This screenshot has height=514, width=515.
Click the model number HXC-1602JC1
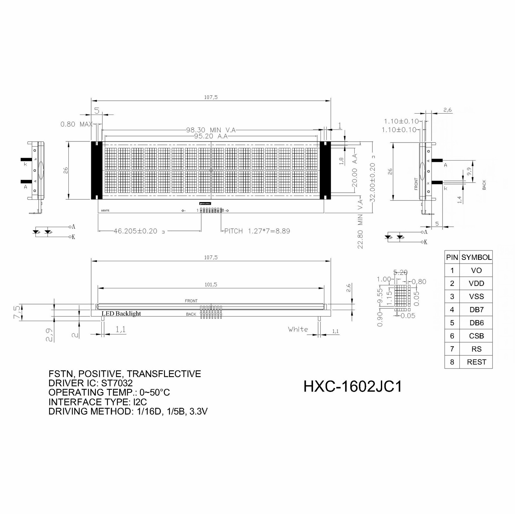pos(353,387)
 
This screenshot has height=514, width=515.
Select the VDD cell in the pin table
pos(476,283)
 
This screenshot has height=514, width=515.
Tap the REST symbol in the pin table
pos(476,362)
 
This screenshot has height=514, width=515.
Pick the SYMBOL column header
pos(476,257)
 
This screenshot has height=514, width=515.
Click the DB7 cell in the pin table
pos(476,310)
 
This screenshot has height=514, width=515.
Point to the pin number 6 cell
pos(452,336)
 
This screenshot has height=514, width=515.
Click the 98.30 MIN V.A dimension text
pos(211,130)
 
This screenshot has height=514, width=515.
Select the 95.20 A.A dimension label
pos(211,136)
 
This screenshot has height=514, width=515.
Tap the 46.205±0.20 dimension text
pos(135,231)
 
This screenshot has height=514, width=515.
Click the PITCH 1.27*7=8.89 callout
pos(257,231)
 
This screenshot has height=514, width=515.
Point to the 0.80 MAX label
pos(76,124)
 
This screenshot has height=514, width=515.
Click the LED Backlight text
pos(121,313)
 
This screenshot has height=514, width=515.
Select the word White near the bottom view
pos(298,329)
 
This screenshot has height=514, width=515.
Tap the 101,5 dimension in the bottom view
pos(211,285)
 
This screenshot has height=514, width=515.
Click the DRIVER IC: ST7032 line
pos(90,383)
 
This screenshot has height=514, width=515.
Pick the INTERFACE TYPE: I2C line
pos(98,402)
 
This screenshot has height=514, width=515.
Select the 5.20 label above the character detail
pos(400,273)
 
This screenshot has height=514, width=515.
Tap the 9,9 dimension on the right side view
pos(469,171)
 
